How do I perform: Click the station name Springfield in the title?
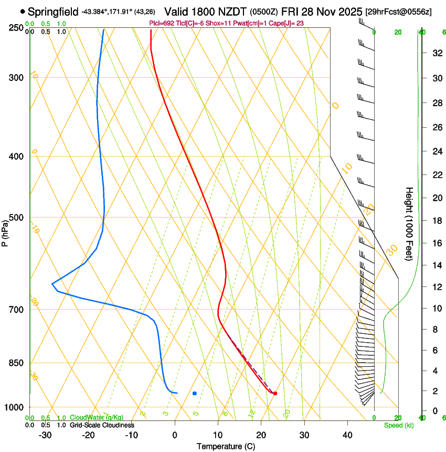pos(53,12)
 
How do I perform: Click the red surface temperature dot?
pos(275,393)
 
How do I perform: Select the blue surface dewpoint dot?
pos(195,393)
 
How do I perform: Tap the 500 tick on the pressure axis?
pos(17,218)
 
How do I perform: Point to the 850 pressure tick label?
pos(17,363)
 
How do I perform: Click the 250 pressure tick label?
pos(17,27)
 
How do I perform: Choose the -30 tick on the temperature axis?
pos(45,435)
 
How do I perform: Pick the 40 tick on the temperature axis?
pos(347,435)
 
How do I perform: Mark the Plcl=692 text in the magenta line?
pos(162,23)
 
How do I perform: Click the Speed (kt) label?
pos(399,425)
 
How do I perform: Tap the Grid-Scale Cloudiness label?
pos(102,425)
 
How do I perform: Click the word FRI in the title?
pos(290,12)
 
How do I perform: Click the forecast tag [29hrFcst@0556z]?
pos(399,12)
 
